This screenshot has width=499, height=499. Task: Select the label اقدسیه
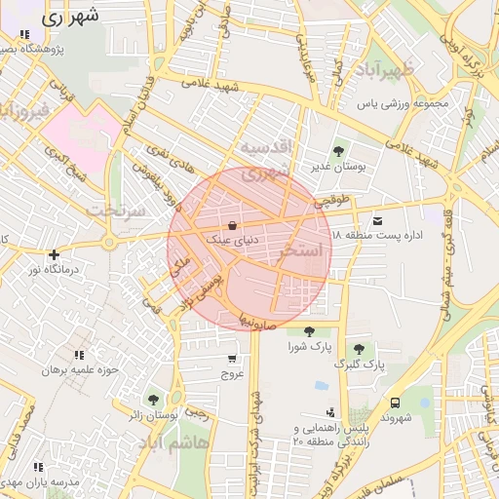(266, 147)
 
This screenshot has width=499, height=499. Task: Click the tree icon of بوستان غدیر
(337, 151)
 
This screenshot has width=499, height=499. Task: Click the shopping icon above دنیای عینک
(230, 223)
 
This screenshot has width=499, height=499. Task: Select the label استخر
(300, 251)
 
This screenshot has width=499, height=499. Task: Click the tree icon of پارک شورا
(309, 331)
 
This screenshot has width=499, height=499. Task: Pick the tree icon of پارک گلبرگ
(360, 349)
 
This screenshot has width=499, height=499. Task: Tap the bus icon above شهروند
(395, 402)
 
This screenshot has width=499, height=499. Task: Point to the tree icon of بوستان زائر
(153, 399)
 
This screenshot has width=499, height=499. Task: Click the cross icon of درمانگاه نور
(55, 254)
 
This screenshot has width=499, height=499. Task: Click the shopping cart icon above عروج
(231, 359)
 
